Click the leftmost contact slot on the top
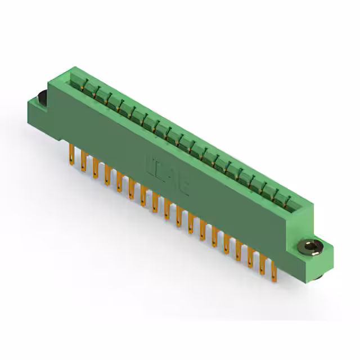click(75, 81)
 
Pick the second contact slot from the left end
click(87, 88)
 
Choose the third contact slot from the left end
click(100, 94)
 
